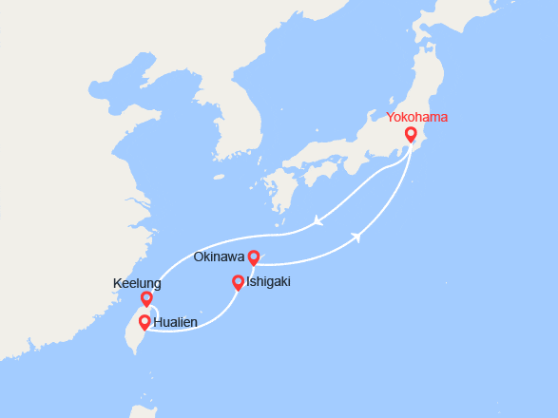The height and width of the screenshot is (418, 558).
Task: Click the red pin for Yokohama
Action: (x=411, y=135)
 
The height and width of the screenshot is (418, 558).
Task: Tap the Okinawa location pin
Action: (x=254, y=256)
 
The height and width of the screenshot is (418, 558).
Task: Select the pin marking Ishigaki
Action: (x=238, y=282)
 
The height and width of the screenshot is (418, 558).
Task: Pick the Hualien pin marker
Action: (x=144, y=322)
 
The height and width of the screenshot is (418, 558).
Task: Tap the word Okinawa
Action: (x=220, y=256)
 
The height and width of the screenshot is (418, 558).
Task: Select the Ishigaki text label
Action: (x=268, y=282)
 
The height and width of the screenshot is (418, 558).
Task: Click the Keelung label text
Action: (x=137, y=283)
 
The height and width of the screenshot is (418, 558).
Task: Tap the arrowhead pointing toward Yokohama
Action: (x=359, y=237)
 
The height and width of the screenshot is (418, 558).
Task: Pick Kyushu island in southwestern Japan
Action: (x=281, y=190)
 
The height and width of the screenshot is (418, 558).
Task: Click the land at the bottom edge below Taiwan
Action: (x=143, y=410)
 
